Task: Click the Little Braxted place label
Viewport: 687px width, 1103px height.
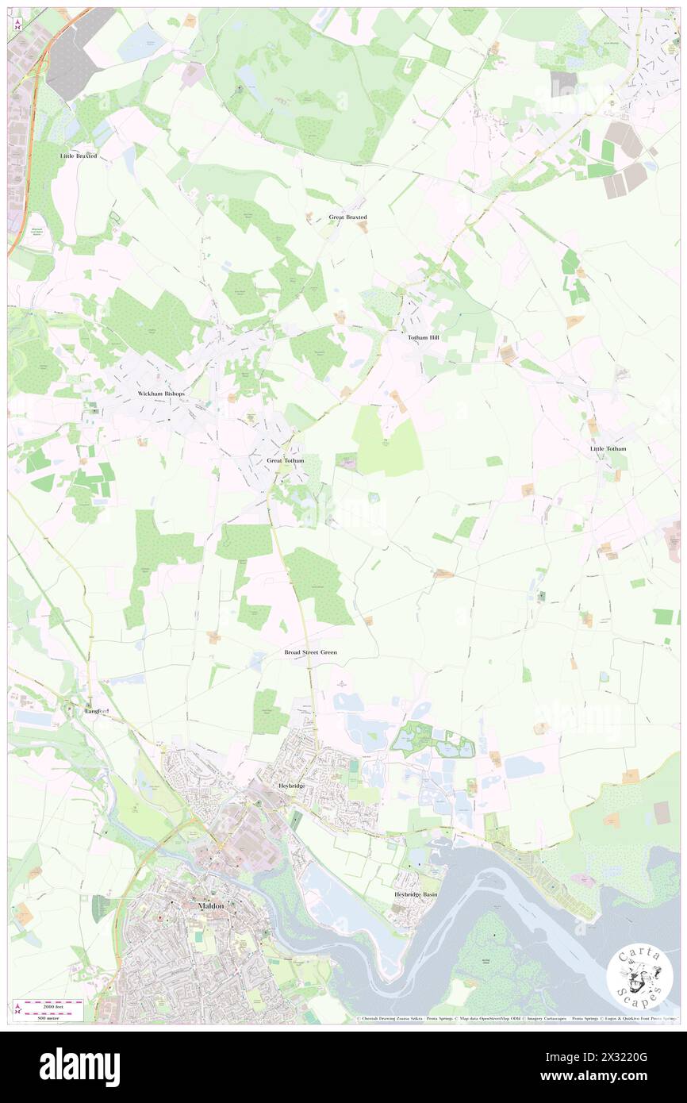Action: pyautogui.click(x=79, y=156)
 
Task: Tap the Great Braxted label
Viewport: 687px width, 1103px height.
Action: pyautogui.click(x=347, y=217)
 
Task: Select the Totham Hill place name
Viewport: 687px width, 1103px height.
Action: pyautogui.click(x=423, y=337)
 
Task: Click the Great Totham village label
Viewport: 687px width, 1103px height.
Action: pyautogui.click(x=286, y=460)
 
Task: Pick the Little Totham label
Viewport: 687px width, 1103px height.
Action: pyautogui.click(x=608, y=448)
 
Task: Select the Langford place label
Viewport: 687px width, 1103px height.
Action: pyautogui.click(x=96, y=711)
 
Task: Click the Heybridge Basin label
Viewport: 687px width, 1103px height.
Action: pyautogui.click(x=416, y=894)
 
